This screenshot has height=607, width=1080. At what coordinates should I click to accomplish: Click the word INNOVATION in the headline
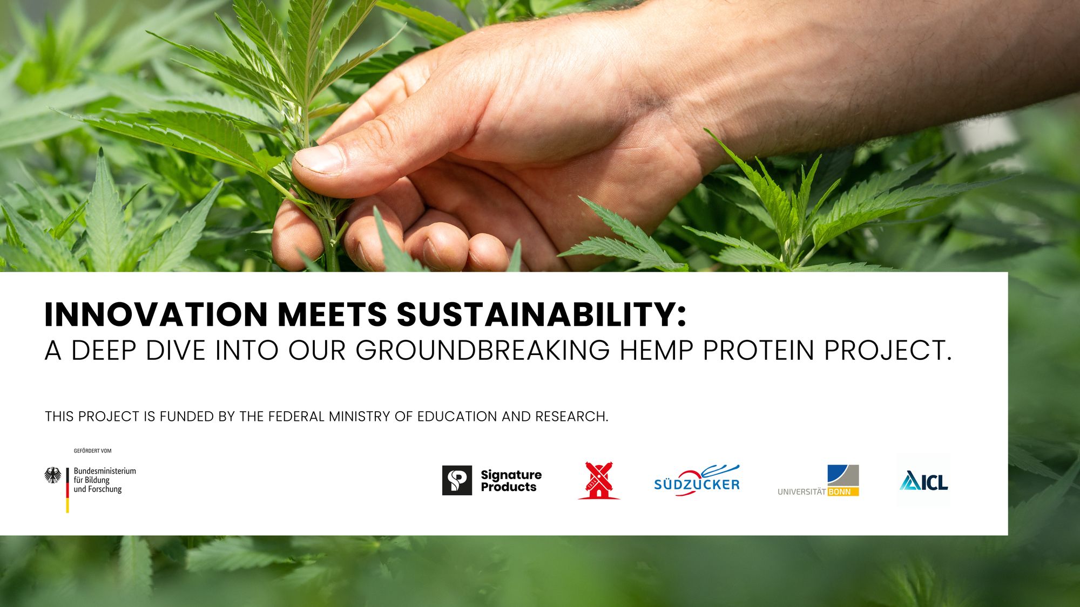[156, 315]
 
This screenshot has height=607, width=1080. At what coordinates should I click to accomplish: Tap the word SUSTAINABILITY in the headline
[542, 315]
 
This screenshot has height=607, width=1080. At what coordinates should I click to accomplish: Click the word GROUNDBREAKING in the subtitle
[483, 351]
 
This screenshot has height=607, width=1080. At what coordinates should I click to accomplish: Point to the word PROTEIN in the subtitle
[759, 351]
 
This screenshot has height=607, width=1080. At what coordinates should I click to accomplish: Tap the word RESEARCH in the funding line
[572, 417]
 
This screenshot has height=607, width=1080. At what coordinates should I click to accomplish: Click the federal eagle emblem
[53, 475]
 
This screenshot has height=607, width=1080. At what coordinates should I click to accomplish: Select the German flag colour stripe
[67, 490]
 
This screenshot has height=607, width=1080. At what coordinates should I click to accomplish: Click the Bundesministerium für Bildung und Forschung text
[105, 480]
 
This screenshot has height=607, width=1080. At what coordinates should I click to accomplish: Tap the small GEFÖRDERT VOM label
[92, 451]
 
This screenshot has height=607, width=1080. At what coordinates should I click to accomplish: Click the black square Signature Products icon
[457, 480]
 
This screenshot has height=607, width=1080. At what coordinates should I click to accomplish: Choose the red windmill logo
[599, 480]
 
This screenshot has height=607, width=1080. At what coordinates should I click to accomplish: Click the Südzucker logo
[697, 480]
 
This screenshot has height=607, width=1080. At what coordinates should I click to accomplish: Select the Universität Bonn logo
[818, 480]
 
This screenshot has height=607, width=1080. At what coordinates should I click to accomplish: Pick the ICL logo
[924, 480]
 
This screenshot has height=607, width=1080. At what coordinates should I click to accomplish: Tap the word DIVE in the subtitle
[176, 351]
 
